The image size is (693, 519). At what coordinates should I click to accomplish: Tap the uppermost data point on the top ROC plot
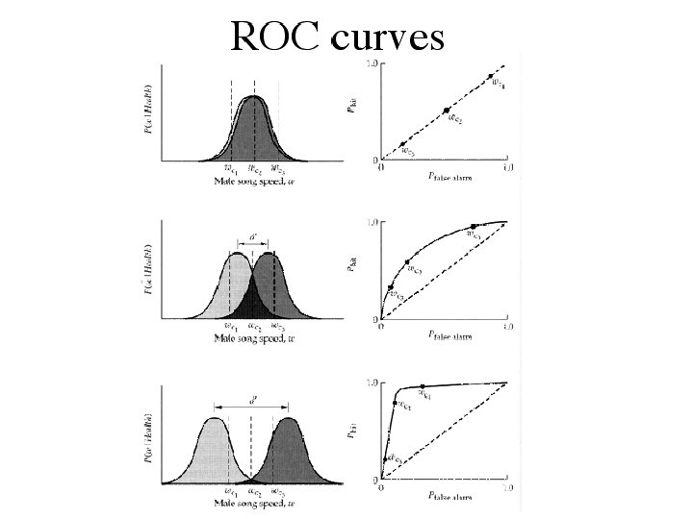point(491,76)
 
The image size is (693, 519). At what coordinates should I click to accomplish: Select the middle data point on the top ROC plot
point(447,111)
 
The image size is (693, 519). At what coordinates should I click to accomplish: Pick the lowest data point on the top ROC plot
point(402,144)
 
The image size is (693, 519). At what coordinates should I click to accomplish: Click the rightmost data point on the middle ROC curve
point(474,226)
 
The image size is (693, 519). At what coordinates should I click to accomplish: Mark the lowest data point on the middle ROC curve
point(391,287)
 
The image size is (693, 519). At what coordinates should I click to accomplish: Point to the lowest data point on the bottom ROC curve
point(385,458)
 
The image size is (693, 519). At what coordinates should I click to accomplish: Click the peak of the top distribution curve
point(254,96)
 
